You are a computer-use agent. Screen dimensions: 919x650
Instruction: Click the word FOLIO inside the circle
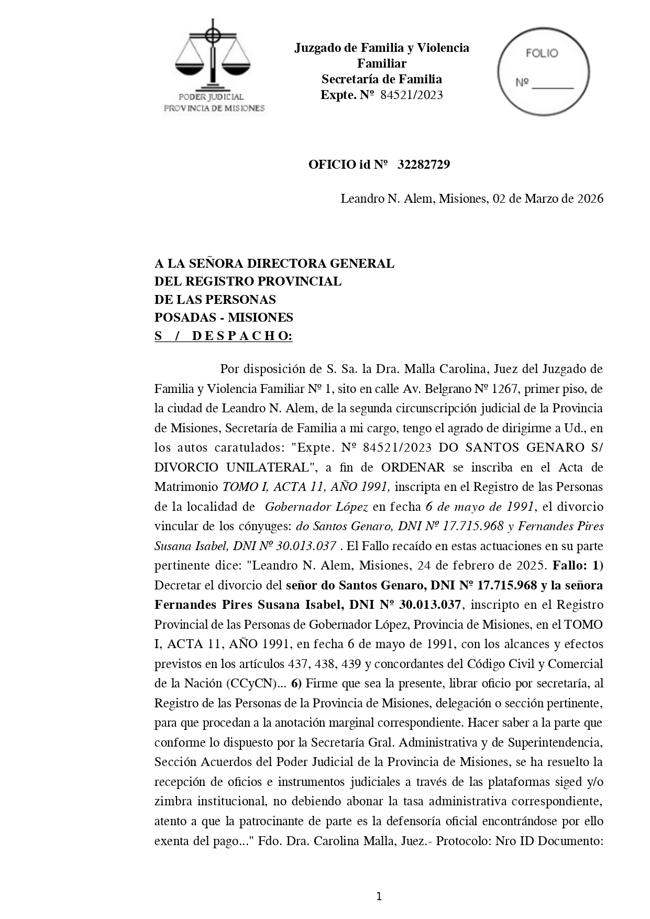542,53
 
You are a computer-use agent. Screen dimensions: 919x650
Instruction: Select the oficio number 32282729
423,165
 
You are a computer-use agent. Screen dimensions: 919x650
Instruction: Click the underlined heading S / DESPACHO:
223,336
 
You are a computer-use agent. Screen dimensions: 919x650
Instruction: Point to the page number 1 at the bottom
379,896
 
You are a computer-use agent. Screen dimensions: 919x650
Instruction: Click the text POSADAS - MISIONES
224,318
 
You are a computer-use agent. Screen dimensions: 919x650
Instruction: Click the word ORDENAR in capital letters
413,467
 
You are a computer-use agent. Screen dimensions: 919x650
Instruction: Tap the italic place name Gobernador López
316,507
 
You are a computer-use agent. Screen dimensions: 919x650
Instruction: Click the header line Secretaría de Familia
381,79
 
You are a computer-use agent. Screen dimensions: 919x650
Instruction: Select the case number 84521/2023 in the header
412,95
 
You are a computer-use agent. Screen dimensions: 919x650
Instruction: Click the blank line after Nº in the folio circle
553,86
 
